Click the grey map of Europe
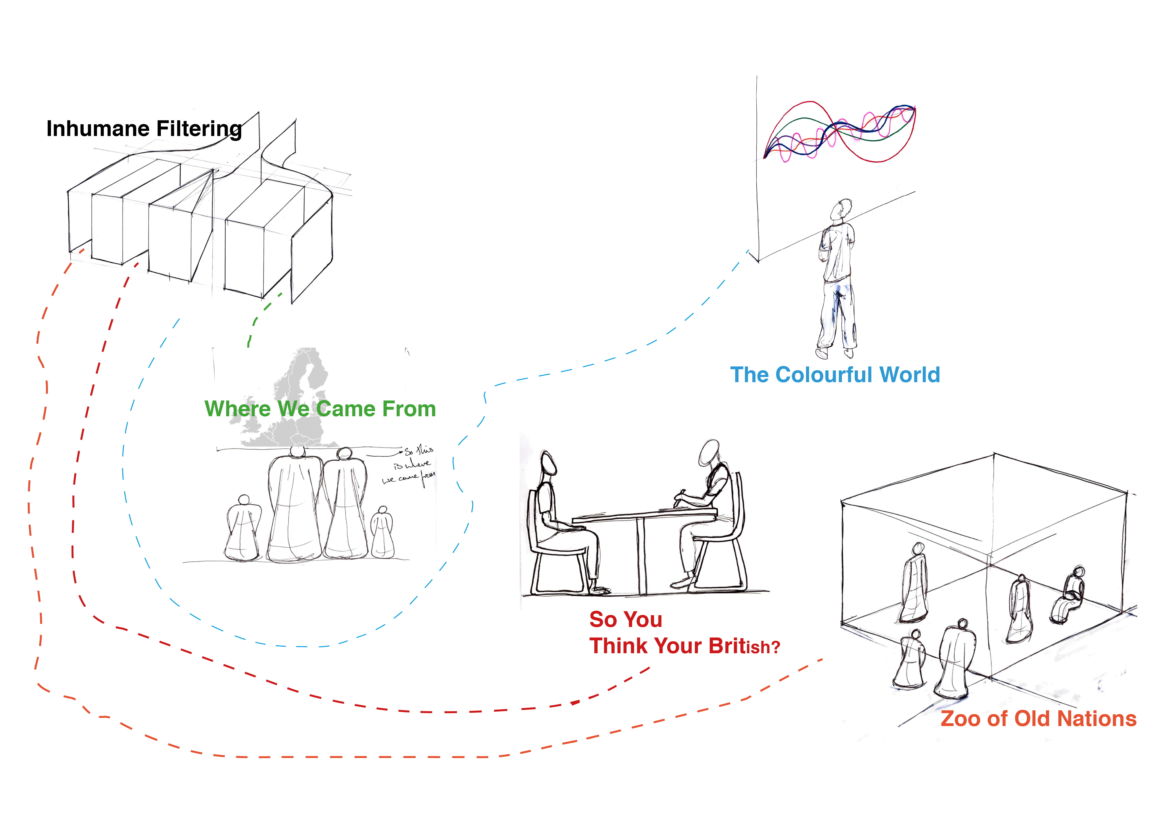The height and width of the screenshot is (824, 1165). [299, 386]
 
